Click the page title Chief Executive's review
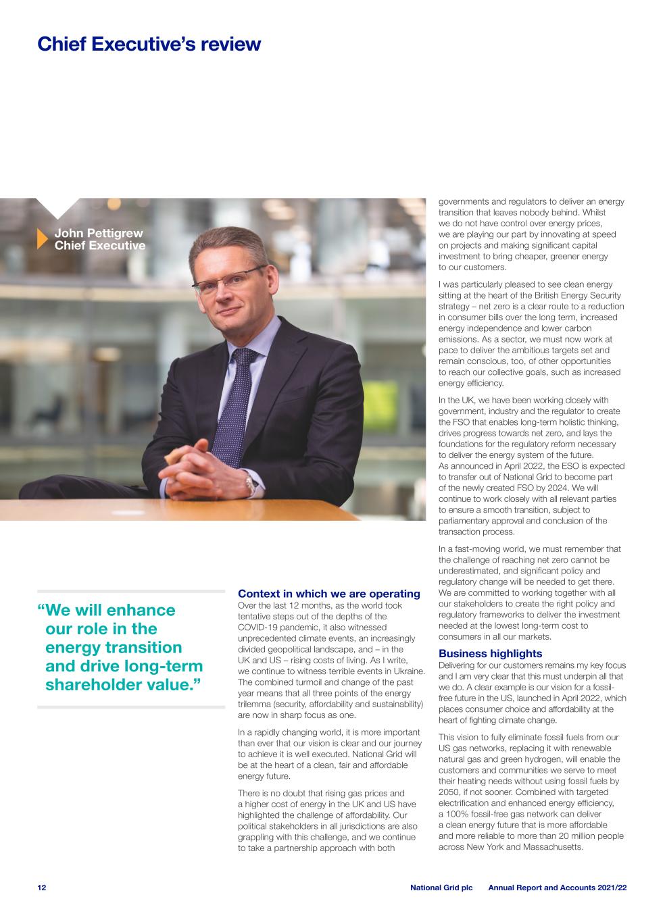click(x=149, y=44)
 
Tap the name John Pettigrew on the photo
click(x=99, y=234)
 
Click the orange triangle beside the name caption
click(x=42, y=240)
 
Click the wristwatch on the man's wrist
click(x=249, y=483)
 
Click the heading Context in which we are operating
click(x=328, y=594)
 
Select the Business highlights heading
click(x=490, y=654)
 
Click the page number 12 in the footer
click(x=42, y=888)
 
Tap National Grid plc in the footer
click(x=441, y=888)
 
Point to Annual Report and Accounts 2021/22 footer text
click(x=557, y=888)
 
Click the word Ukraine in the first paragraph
click(x=408, y=671)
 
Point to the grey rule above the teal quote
click(x=130, y=591)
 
